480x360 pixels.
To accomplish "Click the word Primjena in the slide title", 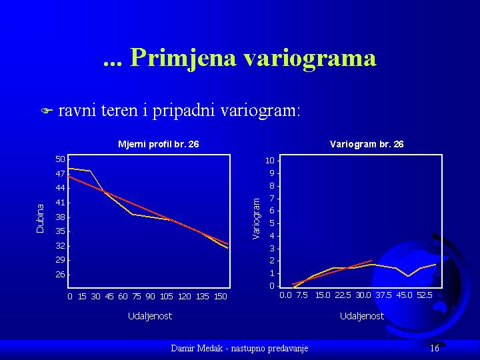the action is tap(183, 58).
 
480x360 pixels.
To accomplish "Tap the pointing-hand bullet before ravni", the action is tap(47, 111).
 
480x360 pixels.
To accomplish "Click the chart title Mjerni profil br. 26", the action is tap(158, 144).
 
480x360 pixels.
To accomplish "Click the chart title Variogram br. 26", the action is tap(367, 144).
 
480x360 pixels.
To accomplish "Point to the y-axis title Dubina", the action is tap(40, 219).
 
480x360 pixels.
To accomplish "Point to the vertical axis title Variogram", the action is tap(256, 218).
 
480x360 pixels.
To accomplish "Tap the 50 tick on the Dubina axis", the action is tap(60, 159).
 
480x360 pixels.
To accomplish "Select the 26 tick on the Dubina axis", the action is tap(60, 274).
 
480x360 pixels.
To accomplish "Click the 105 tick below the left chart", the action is tap(167, 296).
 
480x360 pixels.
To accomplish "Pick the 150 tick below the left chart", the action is tap(221, 296).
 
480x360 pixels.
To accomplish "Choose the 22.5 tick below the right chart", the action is tap(343, 295).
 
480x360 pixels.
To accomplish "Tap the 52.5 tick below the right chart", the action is tap(424, 295).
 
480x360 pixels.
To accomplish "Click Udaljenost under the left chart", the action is tap(150, 316).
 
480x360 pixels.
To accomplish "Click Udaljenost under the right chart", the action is tap(362, 316).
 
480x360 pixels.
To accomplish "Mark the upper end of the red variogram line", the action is tap(371, 261).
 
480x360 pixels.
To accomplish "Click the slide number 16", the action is tap(435, 348).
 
